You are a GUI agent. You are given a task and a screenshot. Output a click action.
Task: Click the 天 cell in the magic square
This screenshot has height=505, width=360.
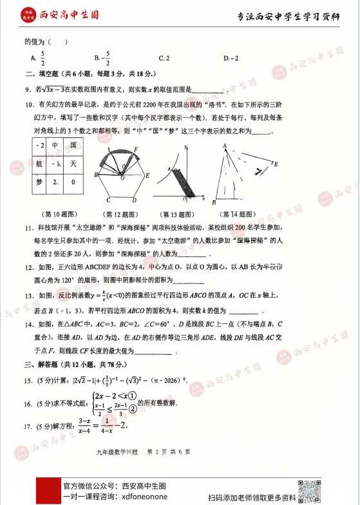(74, 164)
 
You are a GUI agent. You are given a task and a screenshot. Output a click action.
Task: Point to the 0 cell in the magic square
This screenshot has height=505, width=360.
(74, 183)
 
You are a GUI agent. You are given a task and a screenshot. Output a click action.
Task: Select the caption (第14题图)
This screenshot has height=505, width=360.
(241, 214)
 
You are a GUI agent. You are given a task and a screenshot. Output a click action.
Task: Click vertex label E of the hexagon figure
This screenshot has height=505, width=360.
(148, 175)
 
